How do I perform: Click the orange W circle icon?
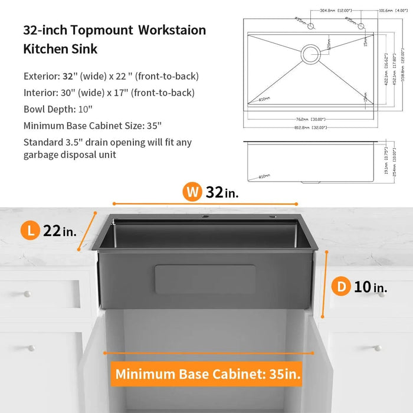[191, 191]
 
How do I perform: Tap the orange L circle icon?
[31, 231]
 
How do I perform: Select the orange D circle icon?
[341, 287]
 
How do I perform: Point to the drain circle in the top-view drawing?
[311, 54]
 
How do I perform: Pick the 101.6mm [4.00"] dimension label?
[390, 10]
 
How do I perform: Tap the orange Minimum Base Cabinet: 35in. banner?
[208, 373]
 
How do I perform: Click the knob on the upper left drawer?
[26, 293]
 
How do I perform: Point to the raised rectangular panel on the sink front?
[205, 279]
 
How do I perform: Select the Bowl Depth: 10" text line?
[58, 109]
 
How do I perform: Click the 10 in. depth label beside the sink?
[371, 287]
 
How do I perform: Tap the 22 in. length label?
[60, 231]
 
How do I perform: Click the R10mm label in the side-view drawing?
[264, 176]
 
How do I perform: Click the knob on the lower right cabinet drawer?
[378, 348]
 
